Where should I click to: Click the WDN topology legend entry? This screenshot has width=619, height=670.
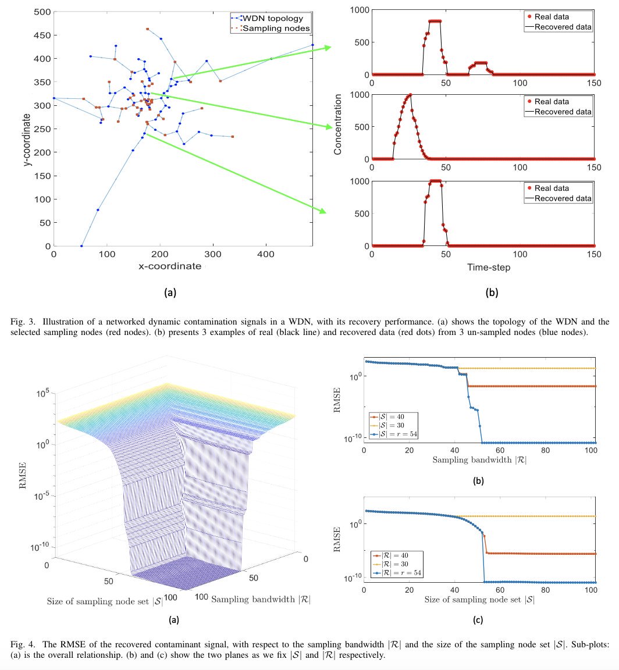click(273, 19)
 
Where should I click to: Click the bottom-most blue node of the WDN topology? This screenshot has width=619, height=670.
click(81, 246)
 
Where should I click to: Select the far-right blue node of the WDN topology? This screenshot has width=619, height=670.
click(312, 45)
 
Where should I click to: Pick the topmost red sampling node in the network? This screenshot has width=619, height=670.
click(147, 28)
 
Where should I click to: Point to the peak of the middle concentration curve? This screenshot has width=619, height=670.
click(411, 94)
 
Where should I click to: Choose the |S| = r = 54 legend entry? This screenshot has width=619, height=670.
click(397, 434)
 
